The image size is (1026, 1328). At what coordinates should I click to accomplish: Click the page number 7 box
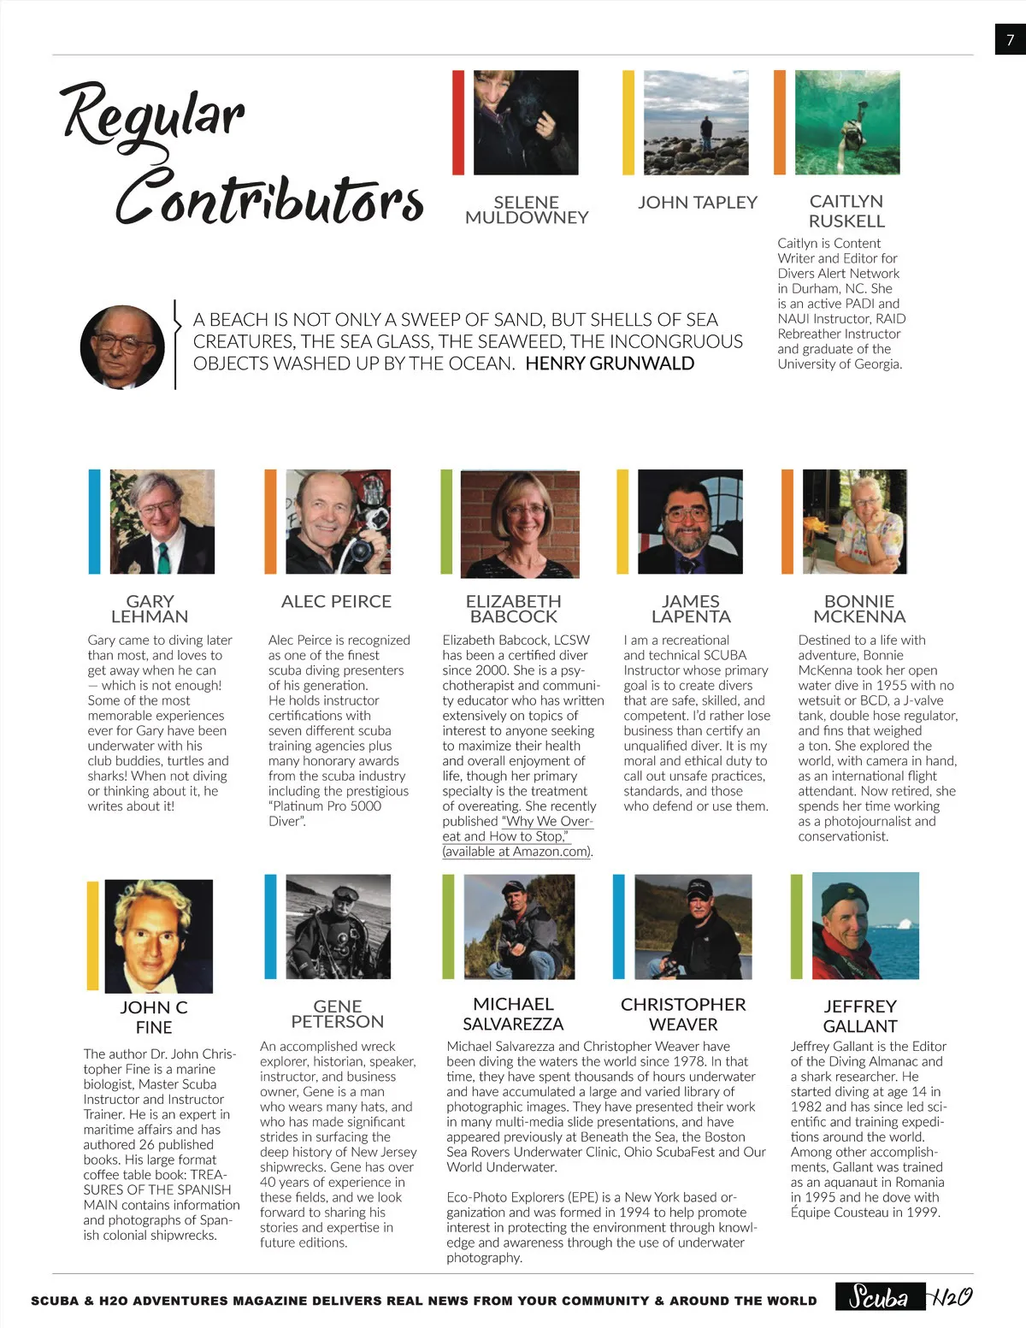pos(1010,39)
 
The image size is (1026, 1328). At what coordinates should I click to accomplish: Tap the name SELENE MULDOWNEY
pos(527,210)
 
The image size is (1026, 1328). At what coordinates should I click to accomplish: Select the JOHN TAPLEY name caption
pos(698,203)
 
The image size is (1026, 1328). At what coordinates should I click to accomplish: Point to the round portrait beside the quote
pos(122,347)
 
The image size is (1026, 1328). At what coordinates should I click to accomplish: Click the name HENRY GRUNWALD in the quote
pos(610,363)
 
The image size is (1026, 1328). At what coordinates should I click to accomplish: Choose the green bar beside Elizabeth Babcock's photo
pos(446,522)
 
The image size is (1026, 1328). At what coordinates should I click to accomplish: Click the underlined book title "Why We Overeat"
pos(516,829)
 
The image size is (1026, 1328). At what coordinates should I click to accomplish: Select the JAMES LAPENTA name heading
pos(691,609)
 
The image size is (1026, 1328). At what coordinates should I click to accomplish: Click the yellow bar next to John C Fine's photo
pos(92,936)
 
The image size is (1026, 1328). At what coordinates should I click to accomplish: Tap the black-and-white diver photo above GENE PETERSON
pos(338,925)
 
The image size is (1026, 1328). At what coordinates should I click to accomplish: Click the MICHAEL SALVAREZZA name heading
pos(513,1014)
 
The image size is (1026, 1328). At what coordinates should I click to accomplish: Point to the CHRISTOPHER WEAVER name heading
pos(683,1014)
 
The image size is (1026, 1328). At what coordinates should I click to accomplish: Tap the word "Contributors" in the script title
pos(269,199)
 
